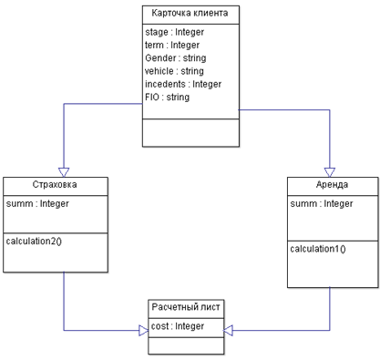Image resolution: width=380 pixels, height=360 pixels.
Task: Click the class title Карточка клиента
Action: (190, 13)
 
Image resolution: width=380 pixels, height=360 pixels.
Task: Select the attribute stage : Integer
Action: (174, 32)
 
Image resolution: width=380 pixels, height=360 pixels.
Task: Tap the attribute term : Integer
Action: (172, 46)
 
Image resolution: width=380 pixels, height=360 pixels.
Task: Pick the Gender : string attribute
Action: (176, 58)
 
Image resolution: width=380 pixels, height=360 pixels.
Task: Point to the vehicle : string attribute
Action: (174, 71)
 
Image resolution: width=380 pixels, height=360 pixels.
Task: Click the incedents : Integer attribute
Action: (183, 84)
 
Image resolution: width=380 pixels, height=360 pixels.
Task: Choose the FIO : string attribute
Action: (168, 98)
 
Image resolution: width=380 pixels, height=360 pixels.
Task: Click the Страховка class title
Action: (55, 184)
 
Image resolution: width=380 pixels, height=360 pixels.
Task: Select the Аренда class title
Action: (332, 184)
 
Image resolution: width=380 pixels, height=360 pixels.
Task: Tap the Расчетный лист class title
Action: (186, 307)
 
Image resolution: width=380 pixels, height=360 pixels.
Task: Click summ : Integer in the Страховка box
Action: (37, 203)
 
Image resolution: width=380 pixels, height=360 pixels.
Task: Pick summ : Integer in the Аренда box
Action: (322, 203)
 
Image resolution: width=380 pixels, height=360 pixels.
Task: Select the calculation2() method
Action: (34, 242)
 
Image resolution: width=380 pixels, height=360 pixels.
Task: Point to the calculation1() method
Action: (318, 249)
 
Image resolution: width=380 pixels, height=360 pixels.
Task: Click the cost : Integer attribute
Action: (178, 326)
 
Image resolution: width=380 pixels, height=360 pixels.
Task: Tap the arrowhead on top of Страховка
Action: (64, 172)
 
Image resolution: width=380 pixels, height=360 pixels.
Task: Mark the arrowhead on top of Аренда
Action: (330, 172)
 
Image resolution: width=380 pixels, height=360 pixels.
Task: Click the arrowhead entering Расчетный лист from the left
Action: (144, 330)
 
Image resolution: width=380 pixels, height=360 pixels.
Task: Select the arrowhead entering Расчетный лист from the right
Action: (228, 330)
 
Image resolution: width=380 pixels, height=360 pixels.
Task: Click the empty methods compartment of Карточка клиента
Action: (190, 133)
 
